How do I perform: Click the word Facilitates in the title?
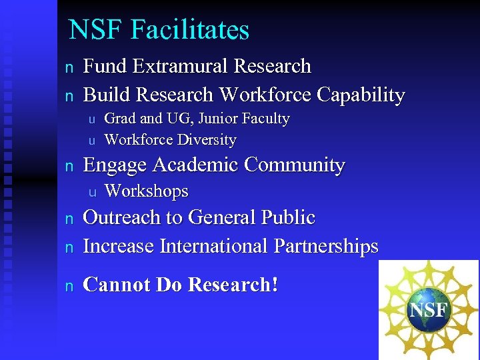[190, 30]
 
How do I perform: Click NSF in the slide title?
[97, 30]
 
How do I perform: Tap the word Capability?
[361, 95]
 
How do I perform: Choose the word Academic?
[197, 165]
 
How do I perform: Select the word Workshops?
[147, 191]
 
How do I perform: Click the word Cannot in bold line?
[117, 285]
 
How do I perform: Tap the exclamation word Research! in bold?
[233, 285]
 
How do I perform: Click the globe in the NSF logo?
[430, 310]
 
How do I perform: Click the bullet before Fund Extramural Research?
[67, 67]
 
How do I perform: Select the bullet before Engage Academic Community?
[67, 166]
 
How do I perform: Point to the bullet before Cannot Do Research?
[67, 286]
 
